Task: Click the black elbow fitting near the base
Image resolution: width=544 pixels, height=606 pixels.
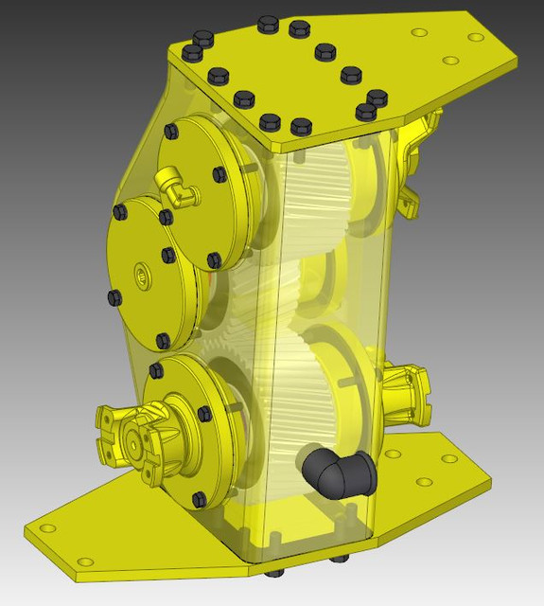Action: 337,471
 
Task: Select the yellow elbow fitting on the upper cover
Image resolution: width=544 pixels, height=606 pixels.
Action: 179,186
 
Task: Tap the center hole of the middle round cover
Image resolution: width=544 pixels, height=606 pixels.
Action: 143,276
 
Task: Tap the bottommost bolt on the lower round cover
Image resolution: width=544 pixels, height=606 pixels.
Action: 199,498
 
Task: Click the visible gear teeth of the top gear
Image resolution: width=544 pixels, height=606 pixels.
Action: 312,180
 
